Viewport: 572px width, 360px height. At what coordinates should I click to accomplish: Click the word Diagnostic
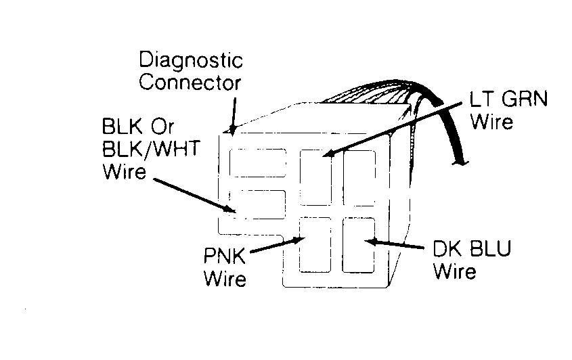coord(191,60)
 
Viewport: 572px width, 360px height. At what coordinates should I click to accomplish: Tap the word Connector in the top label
coord(190,83)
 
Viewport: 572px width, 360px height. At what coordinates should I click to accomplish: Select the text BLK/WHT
coord(151,149)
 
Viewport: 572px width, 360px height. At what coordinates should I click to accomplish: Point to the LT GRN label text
coord(508,99)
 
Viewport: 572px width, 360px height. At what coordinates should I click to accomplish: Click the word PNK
coord(224,256)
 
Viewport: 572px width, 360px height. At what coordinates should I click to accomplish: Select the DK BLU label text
coord(472,248)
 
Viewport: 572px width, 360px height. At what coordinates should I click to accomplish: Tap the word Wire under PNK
coord(225,279)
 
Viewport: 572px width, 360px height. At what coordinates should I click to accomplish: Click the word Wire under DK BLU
coord(454,271)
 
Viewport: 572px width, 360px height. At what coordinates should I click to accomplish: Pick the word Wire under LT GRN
coord(491,121)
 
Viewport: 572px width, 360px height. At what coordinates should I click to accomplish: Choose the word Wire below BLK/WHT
coord(124,171)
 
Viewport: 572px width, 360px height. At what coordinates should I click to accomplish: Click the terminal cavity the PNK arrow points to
coord(315,244)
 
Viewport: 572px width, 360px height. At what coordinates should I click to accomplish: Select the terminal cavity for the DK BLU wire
coord(359,244)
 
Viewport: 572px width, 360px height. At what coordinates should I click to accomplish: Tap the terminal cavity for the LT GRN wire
coord(316,177)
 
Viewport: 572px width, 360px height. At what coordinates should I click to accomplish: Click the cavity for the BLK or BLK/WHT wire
coord(257,204)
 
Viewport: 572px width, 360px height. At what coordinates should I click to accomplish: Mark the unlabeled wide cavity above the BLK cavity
coord(258,163)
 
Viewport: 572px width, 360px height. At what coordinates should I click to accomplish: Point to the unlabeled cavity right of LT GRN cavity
coord(359,178)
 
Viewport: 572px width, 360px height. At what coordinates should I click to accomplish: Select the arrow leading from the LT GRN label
coord(393,130)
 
